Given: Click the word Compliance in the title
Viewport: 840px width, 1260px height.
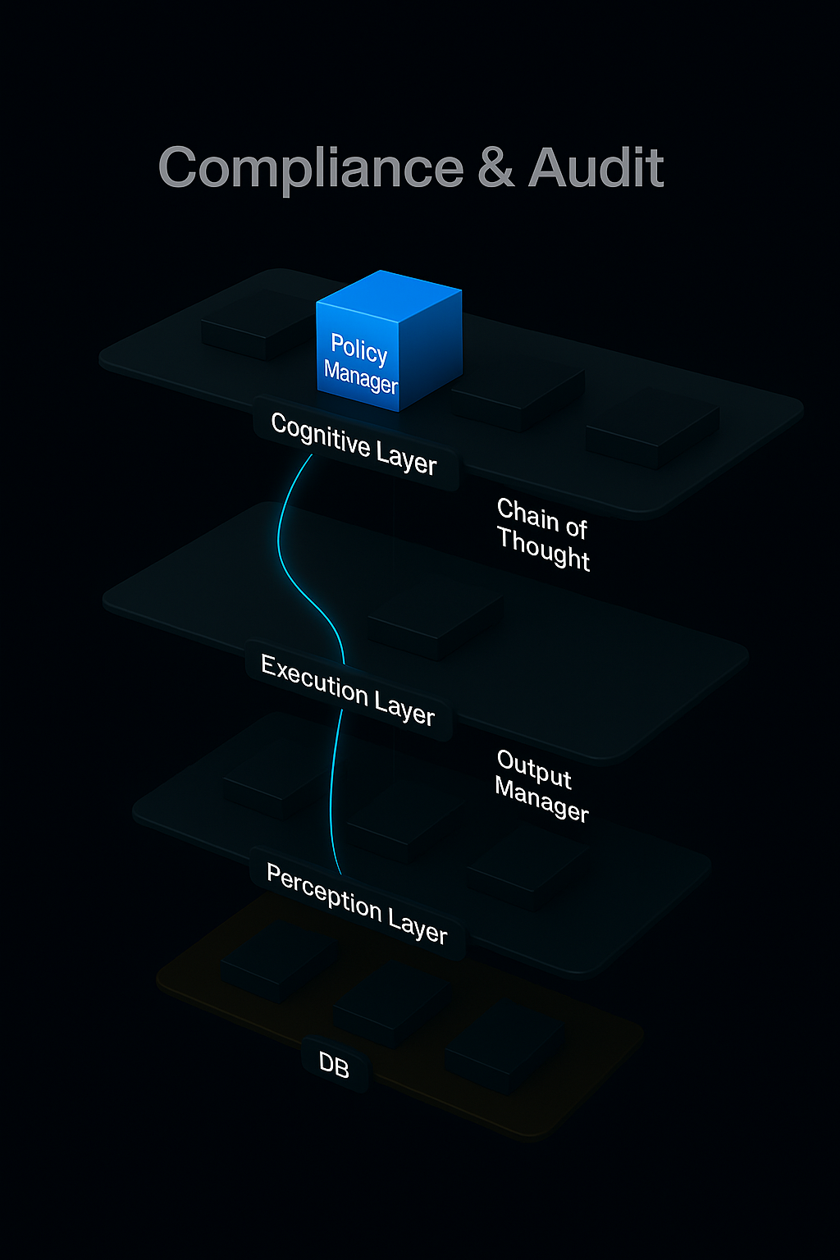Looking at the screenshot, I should point(311,168).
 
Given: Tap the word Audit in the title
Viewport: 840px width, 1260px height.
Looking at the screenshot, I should point(596,168).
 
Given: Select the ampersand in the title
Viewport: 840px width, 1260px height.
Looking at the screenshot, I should point(495,168).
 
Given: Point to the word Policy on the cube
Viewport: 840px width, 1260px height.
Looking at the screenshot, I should point(358,349).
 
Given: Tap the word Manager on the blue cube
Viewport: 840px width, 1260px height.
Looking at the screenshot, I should point(360,377).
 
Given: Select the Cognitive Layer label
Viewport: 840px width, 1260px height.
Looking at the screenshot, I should point(354,444).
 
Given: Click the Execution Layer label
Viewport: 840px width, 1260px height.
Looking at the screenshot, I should point(348,690).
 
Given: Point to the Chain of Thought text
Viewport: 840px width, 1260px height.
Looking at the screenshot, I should point(543,533).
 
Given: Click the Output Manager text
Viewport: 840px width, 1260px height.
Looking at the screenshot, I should point(541,785).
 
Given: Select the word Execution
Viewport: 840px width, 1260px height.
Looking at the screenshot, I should point(313,679).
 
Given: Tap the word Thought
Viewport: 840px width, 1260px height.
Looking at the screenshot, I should point(543,549).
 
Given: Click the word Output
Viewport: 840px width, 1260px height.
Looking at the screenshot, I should point(534,769).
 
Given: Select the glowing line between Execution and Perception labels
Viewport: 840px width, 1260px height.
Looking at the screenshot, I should point(332,787).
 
